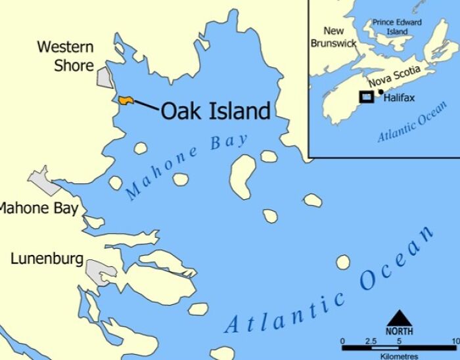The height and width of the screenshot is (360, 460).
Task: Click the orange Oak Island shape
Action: (x=126, y=100)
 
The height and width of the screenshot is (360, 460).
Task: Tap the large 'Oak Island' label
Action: (x=216, y=111)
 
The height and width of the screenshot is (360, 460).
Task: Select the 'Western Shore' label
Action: (x=65, y=56)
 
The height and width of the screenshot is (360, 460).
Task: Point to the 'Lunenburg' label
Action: (x=47, y=259)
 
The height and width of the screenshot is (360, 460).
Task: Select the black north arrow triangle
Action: (x=399, y=317)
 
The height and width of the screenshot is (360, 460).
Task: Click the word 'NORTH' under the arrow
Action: (x=399, y=331)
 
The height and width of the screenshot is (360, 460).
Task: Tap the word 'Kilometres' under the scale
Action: (x=400, y=355)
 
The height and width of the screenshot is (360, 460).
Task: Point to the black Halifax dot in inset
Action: (x=380, y=92)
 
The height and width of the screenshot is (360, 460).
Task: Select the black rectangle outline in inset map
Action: (x=366, y=97)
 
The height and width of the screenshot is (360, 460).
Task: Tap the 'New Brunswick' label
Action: (x=334, y=37)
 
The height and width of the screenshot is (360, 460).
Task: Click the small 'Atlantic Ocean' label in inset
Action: (x=412, y=122)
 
